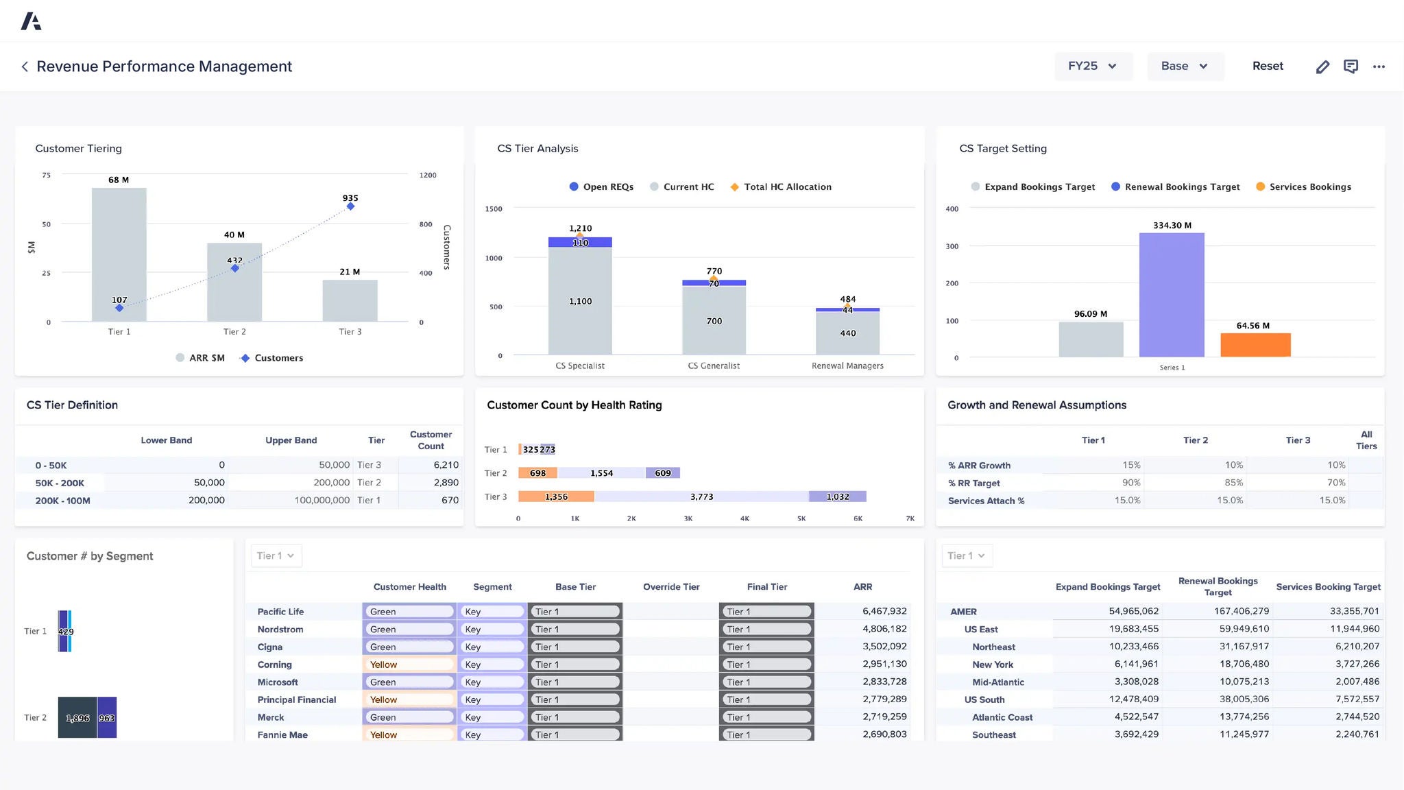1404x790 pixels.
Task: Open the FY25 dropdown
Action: click(x=1092, y=67)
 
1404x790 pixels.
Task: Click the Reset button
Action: click(x=1267, y=67)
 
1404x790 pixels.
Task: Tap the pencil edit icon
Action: click(x=1322, y=67)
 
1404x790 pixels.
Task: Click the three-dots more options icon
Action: click(x=1379, y=67)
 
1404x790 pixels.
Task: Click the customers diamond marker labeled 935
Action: click(x=350, y=206)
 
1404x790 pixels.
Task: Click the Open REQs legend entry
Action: click(x=601, y=187)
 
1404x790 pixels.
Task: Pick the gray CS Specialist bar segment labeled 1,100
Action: click(x=580, y=302)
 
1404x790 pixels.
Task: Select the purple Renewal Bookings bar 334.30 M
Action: click(x=1172, y=295)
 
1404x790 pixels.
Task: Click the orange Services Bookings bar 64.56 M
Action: click(x=1255, y=345)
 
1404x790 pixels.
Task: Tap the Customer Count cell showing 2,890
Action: click(x=446, y=483)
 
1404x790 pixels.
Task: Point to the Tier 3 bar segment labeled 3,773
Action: click(x=701, y=496)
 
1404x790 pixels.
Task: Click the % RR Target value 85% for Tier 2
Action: click(x=1233, y=483)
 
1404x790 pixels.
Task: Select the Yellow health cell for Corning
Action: click(x=409, y=665)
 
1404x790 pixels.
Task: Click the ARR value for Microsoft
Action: click(x=884, y=682)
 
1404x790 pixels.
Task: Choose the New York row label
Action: click(x=992, y=665)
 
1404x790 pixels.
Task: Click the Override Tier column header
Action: click(x=670, y=587)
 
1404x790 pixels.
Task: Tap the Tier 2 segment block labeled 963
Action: click(x=107, y=717)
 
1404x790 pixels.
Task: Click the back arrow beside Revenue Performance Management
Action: click(x=25, y=67)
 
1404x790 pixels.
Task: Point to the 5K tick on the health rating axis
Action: click(x=801, y=518)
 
